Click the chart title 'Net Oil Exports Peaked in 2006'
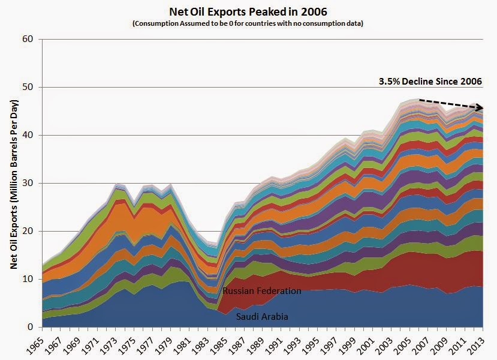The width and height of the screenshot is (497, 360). (248, 11)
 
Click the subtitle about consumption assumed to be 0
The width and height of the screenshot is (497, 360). (248, 23)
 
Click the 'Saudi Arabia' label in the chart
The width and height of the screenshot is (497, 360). (262, 316)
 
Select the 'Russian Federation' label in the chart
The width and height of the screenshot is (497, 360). (261, 291)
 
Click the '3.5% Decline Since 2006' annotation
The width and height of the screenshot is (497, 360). (430, 82)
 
